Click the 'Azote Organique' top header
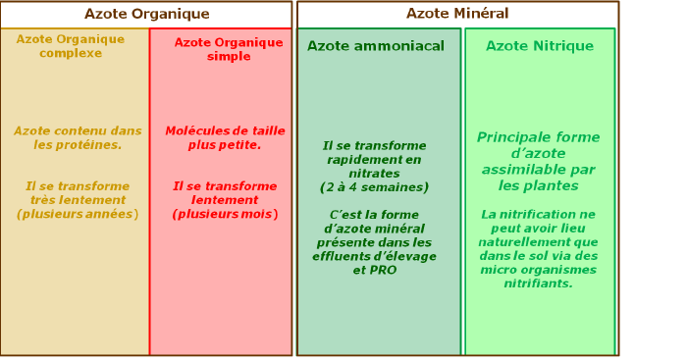tap(146, 14)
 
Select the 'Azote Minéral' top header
tap(457, 14)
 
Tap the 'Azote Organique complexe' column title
tap(71, 46)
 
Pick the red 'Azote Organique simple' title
tap(222, 49)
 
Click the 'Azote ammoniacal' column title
tap(376, 46)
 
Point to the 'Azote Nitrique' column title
tap(540, 46)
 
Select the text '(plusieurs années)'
tap(78, 214)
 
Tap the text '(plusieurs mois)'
tap(225, 214)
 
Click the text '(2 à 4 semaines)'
tap(374, 186)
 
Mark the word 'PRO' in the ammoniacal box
tap(383, 270)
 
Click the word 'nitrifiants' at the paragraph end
tap(539, 283)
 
